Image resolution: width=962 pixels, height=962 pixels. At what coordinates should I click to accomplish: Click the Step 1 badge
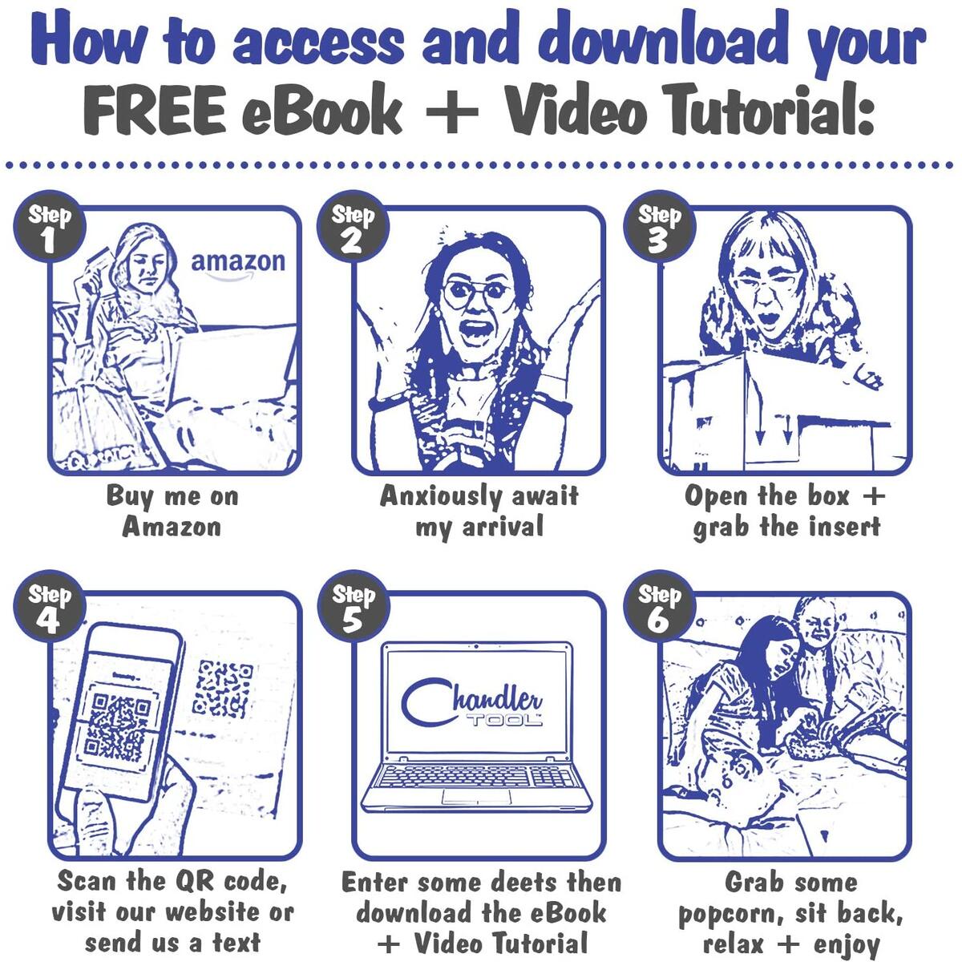tap(50, 226)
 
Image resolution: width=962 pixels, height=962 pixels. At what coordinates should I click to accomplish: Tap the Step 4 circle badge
tap(50, 606)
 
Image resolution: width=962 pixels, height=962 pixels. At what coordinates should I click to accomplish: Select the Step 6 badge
tap(659, 606)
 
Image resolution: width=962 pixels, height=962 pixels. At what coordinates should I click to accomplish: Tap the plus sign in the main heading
tap(452, 111)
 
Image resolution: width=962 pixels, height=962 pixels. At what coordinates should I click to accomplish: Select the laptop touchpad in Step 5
tap(476, 797)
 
